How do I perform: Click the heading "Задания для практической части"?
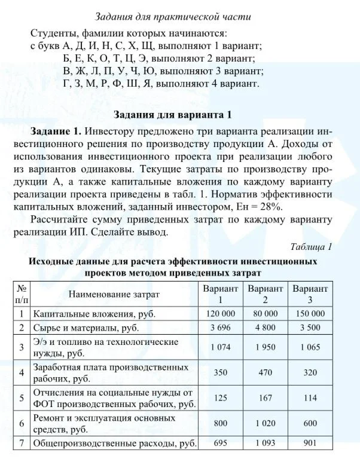(x=181, y=16)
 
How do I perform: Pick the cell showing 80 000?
(x=266, y=313)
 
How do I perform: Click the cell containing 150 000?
(x=310, y=313)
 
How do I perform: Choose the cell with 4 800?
(x=266, y=328)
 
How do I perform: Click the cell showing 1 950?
(x=266, y=347)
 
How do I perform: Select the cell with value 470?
(x=266, y=372)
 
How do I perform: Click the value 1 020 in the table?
(x=266, y=423)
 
